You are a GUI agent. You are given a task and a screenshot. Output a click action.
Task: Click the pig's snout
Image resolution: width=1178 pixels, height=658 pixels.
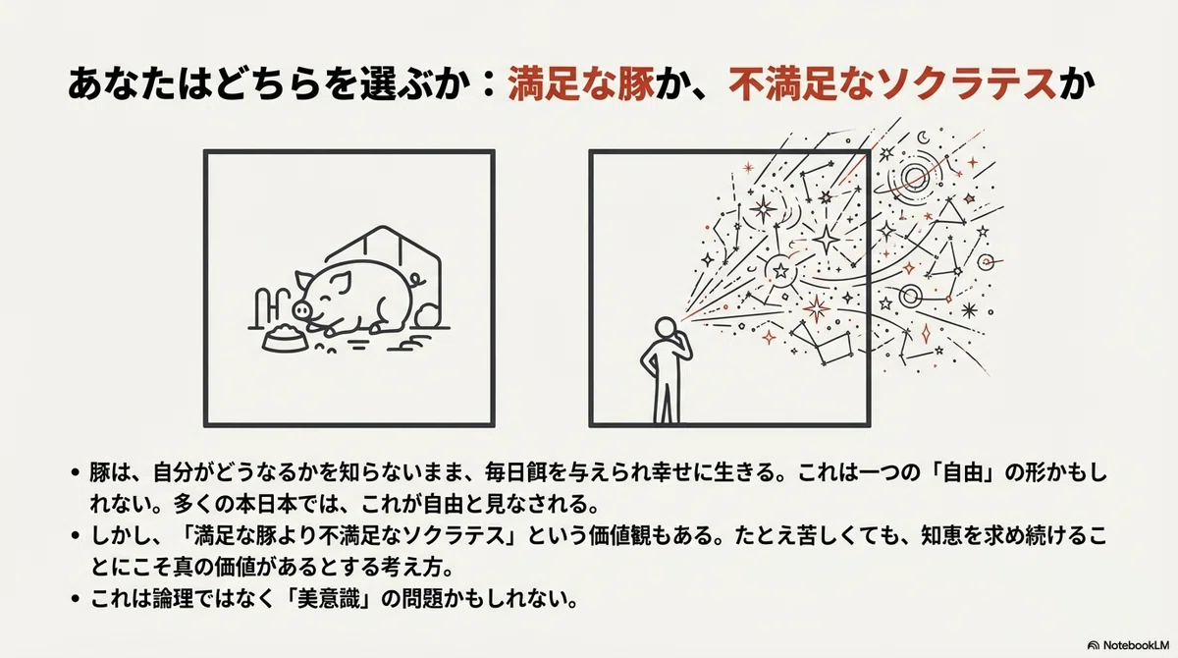[x=300, y=309]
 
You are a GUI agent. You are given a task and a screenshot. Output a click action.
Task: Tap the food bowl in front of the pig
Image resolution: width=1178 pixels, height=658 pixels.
[x=285, y=338]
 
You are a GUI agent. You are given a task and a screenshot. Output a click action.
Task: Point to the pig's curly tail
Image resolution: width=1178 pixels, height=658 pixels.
[x=418, y=279]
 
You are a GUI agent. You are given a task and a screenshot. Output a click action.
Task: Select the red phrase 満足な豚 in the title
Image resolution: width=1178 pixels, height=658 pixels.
[x=581, y=84]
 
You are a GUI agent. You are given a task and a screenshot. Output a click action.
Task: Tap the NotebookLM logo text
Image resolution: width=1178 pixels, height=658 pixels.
[x=1136, y=645]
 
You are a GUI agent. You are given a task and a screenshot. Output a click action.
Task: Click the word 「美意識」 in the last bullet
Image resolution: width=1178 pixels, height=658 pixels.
[x=329, y=599]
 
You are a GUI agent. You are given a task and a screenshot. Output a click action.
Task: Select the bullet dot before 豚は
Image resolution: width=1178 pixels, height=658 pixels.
[x=76, y=472]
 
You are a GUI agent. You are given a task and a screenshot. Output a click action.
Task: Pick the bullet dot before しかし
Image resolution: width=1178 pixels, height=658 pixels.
[x=76, y=536]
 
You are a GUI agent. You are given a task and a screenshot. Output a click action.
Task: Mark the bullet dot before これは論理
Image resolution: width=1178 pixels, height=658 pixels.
[x=76, y=599]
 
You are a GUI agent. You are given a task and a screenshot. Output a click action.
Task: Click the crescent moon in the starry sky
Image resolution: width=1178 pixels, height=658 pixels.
[x=924, y=137]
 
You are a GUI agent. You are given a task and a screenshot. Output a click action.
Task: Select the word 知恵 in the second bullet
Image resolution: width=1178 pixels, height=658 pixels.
[x=941, y=536]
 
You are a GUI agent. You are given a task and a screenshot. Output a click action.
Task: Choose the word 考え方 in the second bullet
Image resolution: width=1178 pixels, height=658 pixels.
[x=421, y=568]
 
